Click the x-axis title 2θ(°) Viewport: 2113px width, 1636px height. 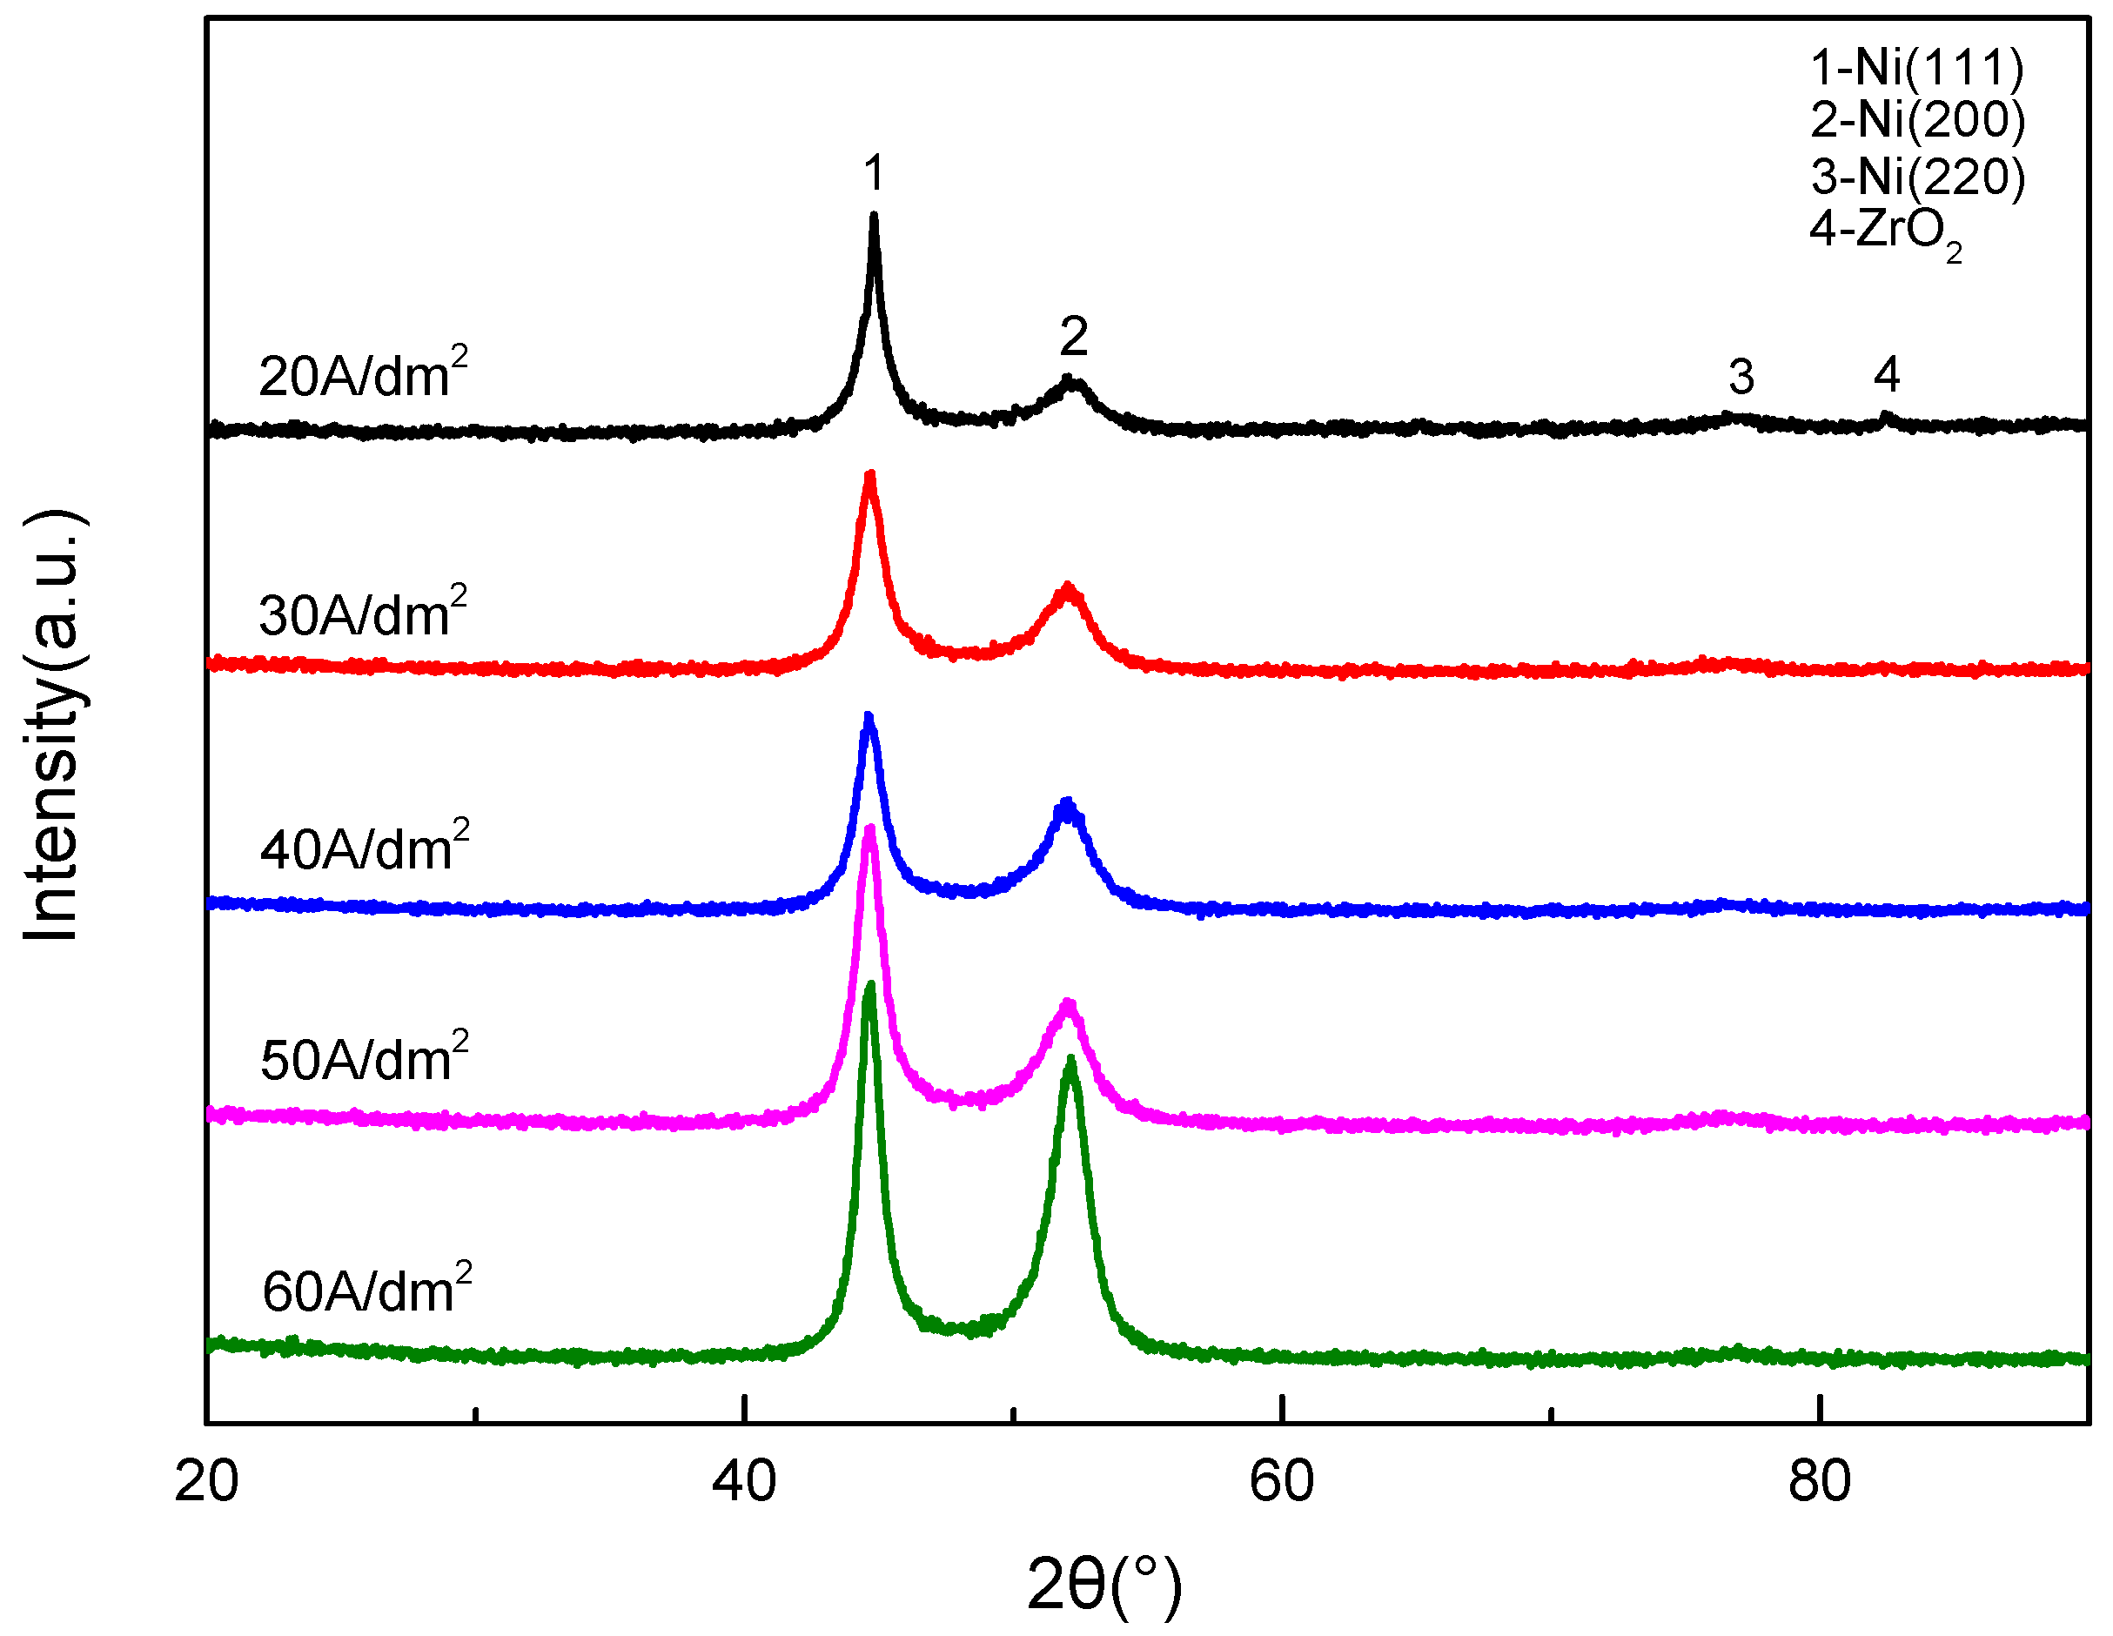1103,1585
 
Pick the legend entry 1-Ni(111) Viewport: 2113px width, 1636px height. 1916,68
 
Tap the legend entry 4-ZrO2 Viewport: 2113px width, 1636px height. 1885,232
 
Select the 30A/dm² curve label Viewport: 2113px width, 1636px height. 363,613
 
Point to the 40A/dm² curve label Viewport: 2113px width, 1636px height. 364,847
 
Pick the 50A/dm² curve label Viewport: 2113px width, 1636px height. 364,1057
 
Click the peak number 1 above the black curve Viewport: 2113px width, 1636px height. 874,173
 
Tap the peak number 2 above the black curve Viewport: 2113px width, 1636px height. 1073,337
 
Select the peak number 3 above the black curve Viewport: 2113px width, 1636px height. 1741,376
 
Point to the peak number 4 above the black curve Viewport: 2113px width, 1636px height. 1886,374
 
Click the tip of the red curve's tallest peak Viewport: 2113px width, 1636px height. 869,475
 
